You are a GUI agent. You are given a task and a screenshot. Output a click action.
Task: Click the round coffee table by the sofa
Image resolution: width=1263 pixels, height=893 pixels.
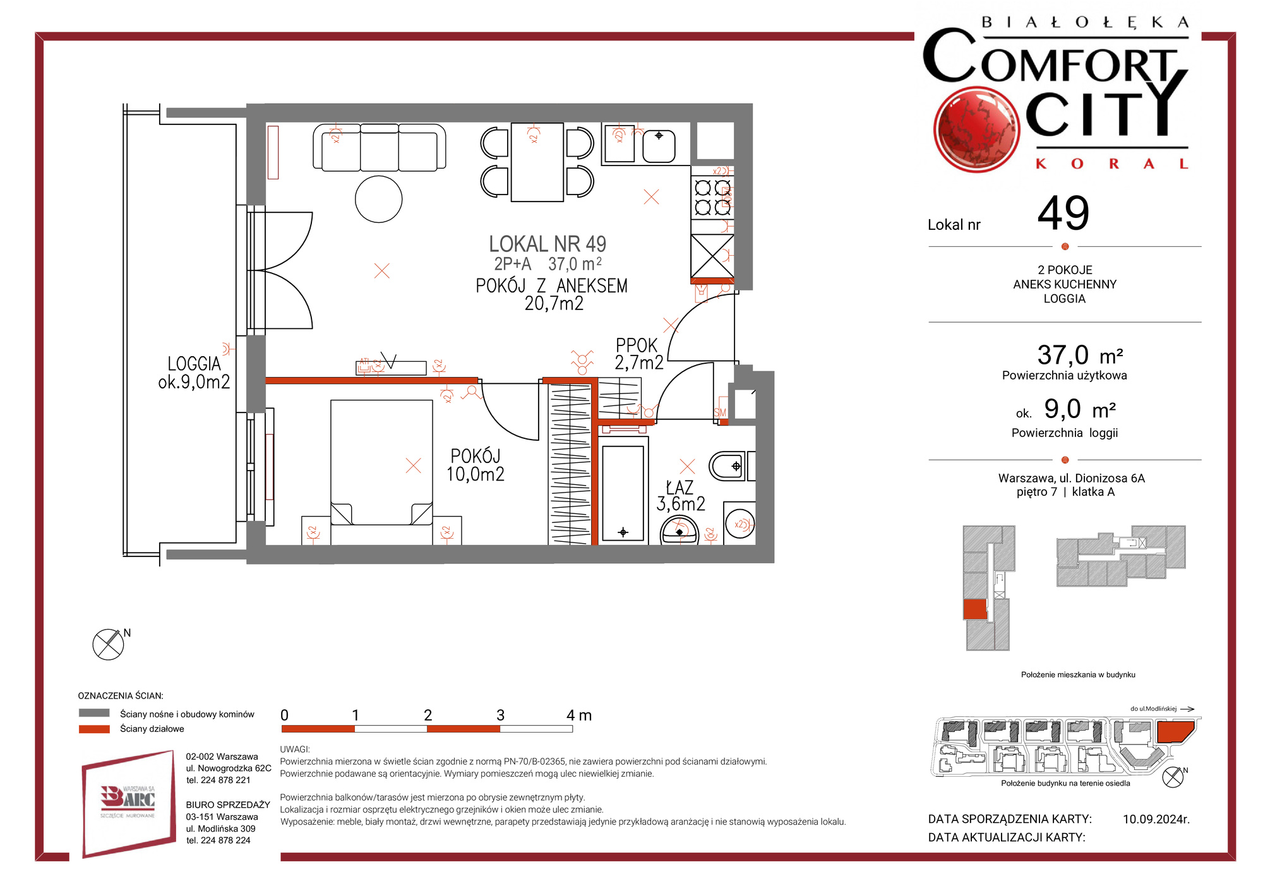point(379,199)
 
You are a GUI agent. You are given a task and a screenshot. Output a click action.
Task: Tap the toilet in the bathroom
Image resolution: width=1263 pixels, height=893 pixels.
point(727,466)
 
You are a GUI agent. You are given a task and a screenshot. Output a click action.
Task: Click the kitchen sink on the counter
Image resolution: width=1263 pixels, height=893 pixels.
point(659,146)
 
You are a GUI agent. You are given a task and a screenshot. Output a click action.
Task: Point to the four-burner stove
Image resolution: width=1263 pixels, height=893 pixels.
point(712,197)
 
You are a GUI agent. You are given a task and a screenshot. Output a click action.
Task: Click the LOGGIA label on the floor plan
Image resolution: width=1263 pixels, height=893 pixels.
point(195,364)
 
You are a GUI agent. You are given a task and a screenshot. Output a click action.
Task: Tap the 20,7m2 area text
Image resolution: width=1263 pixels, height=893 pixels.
point(554,304)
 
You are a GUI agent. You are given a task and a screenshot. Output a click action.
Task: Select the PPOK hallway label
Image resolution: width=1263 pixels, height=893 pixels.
point(637,345)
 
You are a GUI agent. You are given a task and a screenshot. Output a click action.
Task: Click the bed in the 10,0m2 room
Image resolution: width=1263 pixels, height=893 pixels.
point(381,462)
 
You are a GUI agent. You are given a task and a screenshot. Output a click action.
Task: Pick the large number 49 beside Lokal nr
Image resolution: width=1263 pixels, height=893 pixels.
point(1063,213)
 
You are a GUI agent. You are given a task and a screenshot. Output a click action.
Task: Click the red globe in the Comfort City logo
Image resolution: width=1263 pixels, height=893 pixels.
point(976,129)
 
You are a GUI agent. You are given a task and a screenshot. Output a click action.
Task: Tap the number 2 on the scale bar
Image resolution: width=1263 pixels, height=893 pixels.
point(428,715)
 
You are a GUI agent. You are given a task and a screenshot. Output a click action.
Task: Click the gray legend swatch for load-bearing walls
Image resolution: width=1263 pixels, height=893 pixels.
point(94,713)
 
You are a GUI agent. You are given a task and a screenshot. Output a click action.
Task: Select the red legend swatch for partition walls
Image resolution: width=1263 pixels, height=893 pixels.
point(94,729)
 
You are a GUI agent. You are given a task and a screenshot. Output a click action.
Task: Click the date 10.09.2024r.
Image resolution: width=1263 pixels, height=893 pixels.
point(1156,819)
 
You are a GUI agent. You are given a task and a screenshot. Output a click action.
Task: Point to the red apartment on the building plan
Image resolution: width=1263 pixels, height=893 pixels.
point(974,609)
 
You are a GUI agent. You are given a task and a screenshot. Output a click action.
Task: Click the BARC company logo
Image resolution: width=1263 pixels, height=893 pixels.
point(129,803)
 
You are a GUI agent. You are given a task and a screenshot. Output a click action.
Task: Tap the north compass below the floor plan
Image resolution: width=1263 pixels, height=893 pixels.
point(109,645)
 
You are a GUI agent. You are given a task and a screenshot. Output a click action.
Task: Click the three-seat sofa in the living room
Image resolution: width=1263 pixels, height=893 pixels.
point(380,147)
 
